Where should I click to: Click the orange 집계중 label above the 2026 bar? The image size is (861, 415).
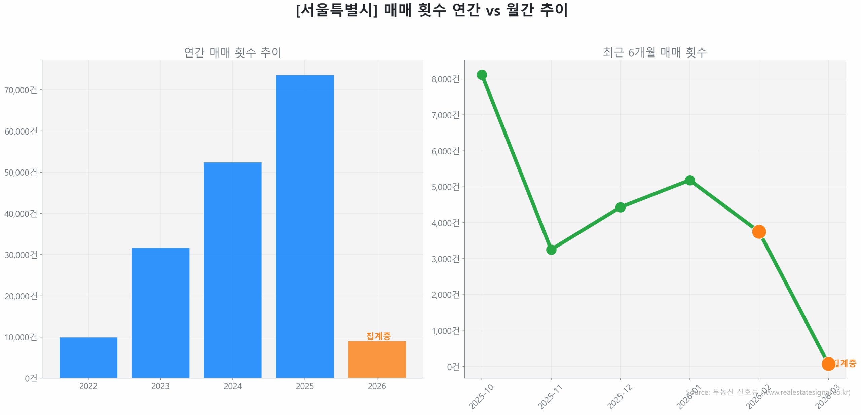click(378, 336)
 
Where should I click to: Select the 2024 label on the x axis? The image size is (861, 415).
click(232, 386)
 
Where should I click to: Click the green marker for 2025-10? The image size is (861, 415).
click(482, 75)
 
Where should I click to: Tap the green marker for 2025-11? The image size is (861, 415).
click(551, 250)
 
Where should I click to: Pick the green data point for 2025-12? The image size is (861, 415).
click(620, 207)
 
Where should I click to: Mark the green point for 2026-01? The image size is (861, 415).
click(689, 180)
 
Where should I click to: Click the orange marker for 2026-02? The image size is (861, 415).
click(759, 231)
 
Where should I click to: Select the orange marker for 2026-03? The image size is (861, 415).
click(828, 364)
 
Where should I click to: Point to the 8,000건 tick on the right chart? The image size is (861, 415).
click(445, 79)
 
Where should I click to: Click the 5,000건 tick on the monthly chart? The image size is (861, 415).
click(445, 187)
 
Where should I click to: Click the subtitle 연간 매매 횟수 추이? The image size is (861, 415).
click(232, 52)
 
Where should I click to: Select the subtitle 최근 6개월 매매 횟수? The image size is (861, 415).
click(654, 52)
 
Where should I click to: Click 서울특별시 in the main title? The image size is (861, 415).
click(337, 10)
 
